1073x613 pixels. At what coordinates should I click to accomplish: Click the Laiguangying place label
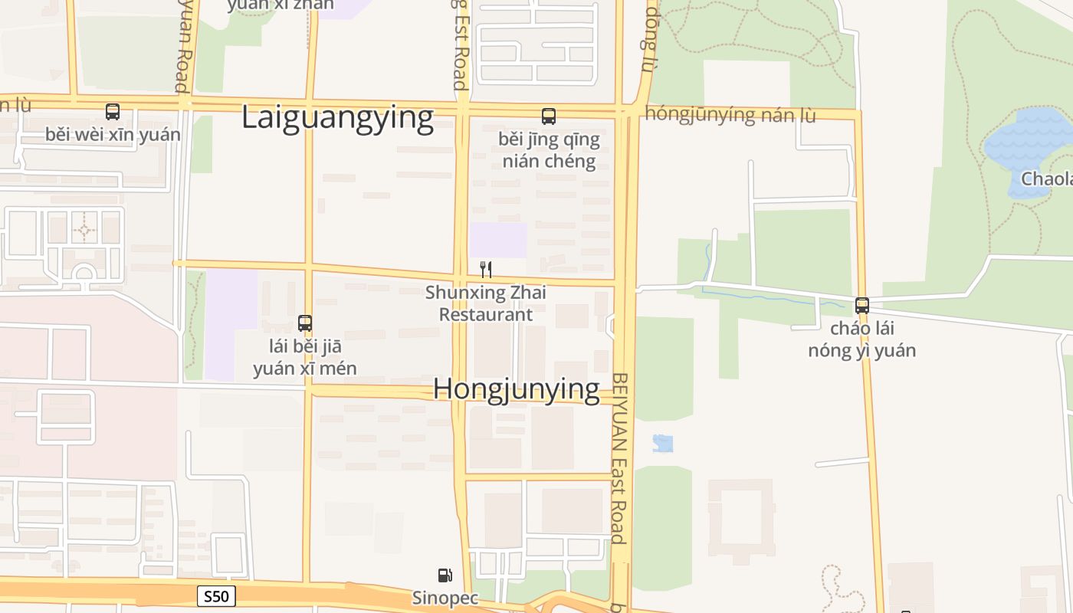(338, 118)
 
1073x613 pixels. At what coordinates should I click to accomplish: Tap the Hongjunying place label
(516, 389)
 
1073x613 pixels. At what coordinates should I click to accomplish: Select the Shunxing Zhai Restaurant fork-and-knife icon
(485, 269)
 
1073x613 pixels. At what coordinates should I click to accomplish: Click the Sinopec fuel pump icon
(445, 575)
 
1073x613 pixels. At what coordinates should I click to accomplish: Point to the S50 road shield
(216, 596)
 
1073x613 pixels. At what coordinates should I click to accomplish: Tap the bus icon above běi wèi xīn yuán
(113, 112)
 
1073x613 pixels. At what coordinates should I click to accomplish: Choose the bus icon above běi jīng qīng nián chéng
(549, 116)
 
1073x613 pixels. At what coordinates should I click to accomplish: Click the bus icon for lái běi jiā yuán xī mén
(305, 323)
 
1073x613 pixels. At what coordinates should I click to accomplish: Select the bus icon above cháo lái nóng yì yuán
(862, 306)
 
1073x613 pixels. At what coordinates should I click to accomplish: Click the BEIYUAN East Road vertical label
(620, 458)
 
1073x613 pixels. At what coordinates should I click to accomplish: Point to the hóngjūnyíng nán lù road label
(730, 115)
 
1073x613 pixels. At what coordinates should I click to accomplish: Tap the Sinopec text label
(445, 598)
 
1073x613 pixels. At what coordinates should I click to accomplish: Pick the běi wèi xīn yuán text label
(113, 135)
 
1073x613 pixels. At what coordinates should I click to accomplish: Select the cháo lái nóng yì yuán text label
(862, 339)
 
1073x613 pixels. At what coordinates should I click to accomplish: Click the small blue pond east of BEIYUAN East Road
(663, 443)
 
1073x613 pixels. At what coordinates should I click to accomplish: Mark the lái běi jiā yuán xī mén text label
(305, 357)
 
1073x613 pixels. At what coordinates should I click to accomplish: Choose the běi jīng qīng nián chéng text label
(549, 150)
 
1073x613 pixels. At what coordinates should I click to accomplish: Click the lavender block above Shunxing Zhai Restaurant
(498, 240)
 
